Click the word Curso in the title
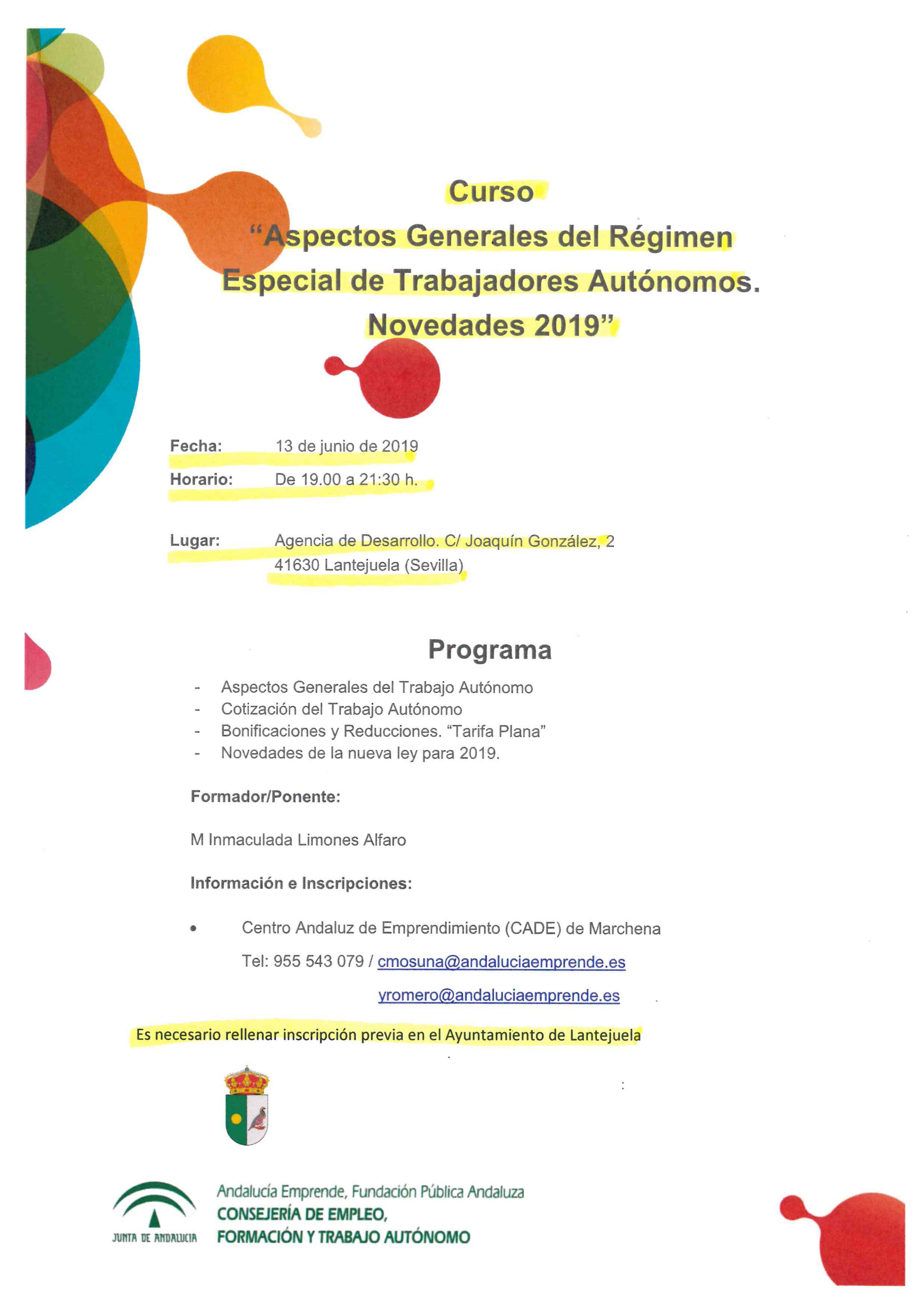[x=491, y=192]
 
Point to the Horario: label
[x=201, y=479]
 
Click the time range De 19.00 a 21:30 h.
[x=346, y=479]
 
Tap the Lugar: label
[x=195, y=540]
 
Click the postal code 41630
[x=297, y=565]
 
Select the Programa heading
[x=490, y=650]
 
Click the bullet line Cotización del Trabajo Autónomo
[x=342, y=709]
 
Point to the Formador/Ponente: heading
[x=265, y=796]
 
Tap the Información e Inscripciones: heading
[x=301, y=883]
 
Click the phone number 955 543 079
[x=318, y=962]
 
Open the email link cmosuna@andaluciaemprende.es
[x=501, y=962]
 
